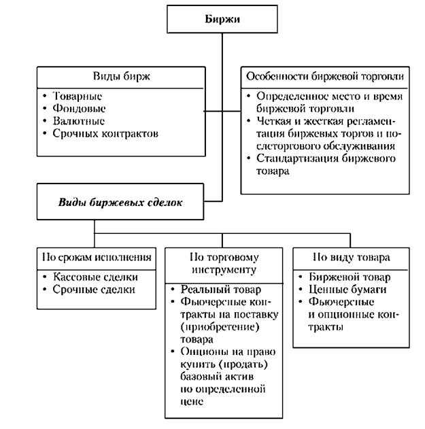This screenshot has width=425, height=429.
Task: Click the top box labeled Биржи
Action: (222, 19)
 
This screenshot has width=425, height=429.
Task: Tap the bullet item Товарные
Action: (77, 95)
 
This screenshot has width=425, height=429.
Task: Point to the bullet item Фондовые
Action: (79, 108)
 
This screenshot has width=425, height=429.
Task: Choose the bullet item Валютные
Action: (79, 120)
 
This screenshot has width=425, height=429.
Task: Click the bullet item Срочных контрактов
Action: (105, 133)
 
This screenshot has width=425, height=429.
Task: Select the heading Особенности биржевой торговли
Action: (324, 75)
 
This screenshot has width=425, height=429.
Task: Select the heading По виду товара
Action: (351, 258)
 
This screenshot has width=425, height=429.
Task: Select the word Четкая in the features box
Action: (273, 120)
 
